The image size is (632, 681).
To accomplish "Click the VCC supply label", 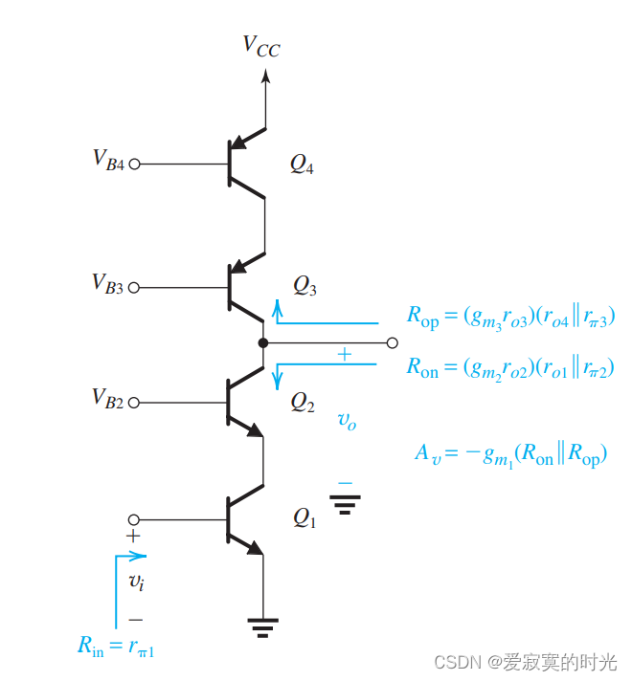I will click(261, 44).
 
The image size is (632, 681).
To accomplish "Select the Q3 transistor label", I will click(305, 284).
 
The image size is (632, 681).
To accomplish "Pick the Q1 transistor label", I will click(304, 518).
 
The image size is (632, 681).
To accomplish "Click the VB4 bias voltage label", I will click(108, 160).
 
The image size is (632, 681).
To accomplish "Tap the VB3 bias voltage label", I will click(108, 283).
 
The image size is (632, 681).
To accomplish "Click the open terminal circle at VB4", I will click(134, 164).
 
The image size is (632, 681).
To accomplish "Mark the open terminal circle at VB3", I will click(134, 287).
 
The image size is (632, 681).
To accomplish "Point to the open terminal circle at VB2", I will click(134, 403).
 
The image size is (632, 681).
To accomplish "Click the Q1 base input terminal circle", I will click(134, 519).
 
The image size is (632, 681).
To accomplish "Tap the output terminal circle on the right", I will click(391, 341).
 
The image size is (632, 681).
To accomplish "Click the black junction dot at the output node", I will click(263, 341).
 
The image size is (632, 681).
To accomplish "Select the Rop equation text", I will click(509, 318).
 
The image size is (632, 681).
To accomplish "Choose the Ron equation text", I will click(509, 367).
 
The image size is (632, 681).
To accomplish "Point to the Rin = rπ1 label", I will click(116, 647).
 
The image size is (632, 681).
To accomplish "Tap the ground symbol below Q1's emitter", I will click(263, 626).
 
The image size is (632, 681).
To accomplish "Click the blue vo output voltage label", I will click(347, 420).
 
